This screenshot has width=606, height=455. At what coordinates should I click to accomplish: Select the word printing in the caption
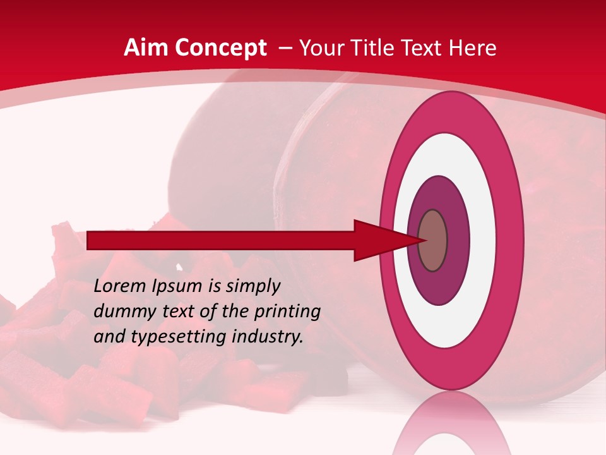[287, 312]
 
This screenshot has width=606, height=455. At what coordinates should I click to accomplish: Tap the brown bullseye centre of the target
[433, 241]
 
